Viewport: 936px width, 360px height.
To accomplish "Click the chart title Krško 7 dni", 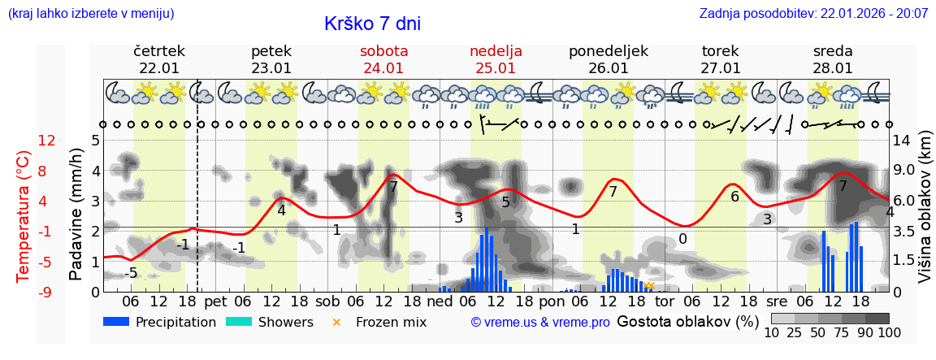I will pos(372,24).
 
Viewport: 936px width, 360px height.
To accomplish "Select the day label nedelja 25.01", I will pos(496,59).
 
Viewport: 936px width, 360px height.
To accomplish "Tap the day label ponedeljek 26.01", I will pos(609,59).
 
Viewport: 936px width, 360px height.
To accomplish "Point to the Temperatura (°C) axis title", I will pos(24,216).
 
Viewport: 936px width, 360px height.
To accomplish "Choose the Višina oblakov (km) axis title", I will pos(925,215).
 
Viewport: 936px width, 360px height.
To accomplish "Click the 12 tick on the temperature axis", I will pos(46,141).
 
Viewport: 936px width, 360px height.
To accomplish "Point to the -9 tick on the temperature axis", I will pos(46,292).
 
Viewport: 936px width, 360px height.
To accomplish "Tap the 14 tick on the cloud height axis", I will pos(902,141).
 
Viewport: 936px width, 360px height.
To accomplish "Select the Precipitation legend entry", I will pos(160,322).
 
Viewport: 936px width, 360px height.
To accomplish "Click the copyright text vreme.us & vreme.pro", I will pos(540,322).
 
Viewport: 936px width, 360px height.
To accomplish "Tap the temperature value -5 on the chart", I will pos(130,273).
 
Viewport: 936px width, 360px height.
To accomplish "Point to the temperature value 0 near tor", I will pos(682,239).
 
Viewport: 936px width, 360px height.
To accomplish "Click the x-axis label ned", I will pos(440,301).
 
